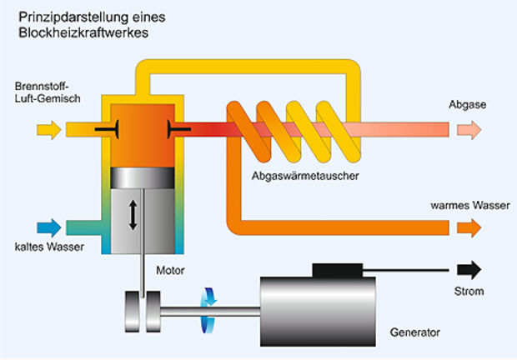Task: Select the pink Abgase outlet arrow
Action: (x=467, y=129)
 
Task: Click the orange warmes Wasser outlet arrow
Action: (x=467, y=227)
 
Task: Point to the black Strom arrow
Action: (x=469, y=270)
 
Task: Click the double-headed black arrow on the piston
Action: (x=133, y=214)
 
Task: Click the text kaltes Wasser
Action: (x=48, y=247)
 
